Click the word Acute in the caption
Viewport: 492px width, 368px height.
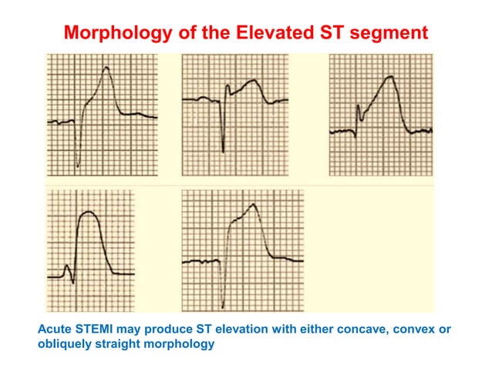click(56, 330)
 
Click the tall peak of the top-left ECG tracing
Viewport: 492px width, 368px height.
click(106, 68)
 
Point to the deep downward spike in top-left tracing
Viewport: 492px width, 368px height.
click(78, 166)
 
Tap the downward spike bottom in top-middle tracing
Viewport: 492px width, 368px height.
click(223, 151)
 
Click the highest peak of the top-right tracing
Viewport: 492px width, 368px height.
click(391, 76)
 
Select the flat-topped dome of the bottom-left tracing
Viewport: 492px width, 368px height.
click(89, 215)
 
